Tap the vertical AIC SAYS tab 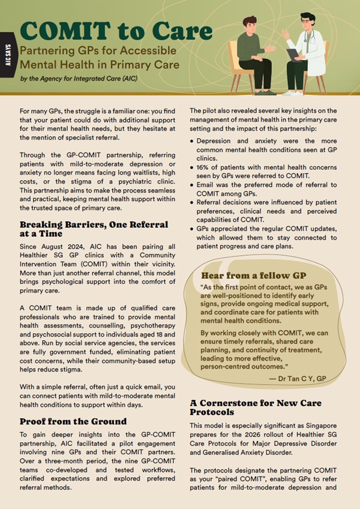pyautogui.click(x=7, y=56)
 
